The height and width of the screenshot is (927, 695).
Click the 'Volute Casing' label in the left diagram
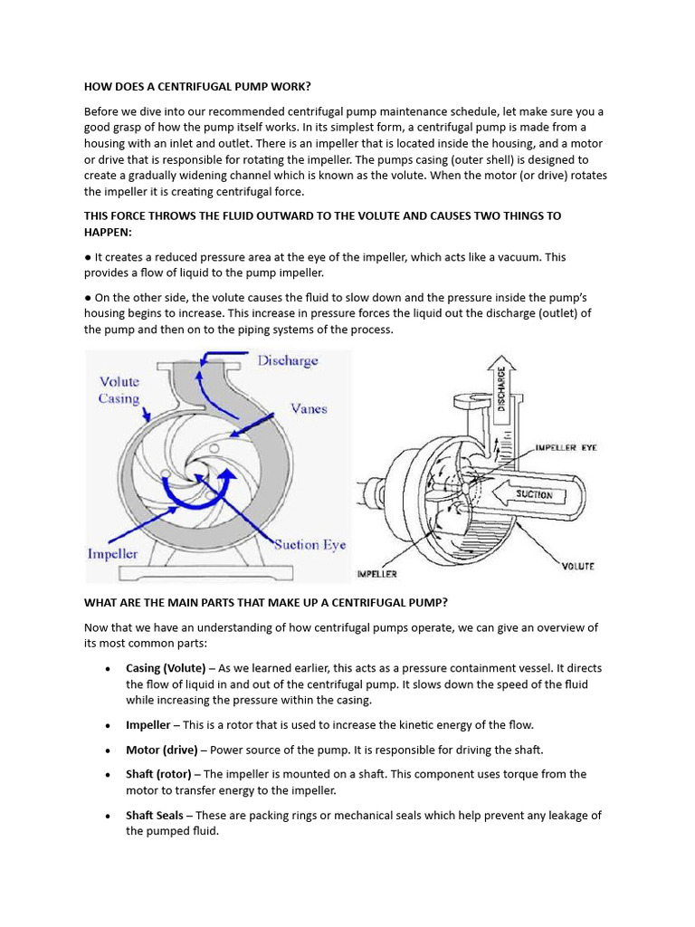[x=119, y=390]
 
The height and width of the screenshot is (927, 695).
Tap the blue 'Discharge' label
[x=288, y=360]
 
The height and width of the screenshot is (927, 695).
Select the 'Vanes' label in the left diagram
[x=309, y=408]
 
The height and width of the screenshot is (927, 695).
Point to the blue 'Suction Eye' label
[x=309, y=545]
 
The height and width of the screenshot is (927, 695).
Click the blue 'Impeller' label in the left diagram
[x=113, y=553]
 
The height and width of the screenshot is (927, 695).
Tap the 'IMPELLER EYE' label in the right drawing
[x=566, y=447]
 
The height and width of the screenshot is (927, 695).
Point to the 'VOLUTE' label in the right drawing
[x=577, y=567]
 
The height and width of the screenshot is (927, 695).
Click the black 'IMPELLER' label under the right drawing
[x=376, y=574]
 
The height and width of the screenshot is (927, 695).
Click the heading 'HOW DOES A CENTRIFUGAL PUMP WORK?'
[x=196, y=87]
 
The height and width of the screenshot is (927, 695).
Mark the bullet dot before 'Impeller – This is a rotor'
[x=108, y=726]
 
